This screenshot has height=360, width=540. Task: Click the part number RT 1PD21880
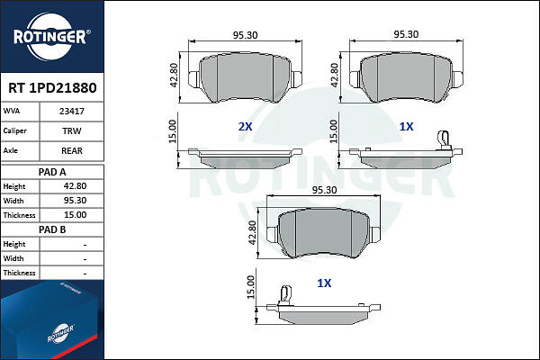click(x=52, y=88)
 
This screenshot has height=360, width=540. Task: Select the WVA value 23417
click(x=72, y=112)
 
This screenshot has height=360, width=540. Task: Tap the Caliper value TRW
click(x=72, y=130)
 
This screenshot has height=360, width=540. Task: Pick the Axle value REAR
click(x=72, y=150)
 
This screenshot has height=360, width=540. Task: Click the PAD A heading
click(x=52, y=172)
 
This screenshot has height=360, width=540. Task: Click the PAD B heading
click(x=52, y=229)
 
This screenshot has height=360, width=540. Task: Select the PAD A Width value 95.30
click(x=75, y=201)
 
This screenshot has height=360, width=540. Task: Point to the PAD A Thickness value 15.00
click(x=75, y=215)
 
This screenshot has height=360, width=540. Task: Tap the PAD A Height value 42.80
click(x=75, y=186)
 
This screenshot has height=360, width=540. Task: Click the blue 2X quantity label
click(x=245, y=127)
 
